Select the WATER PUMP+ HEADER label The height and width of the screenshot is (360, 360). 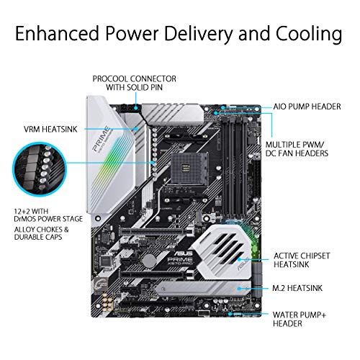click(x=303, y=319)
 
